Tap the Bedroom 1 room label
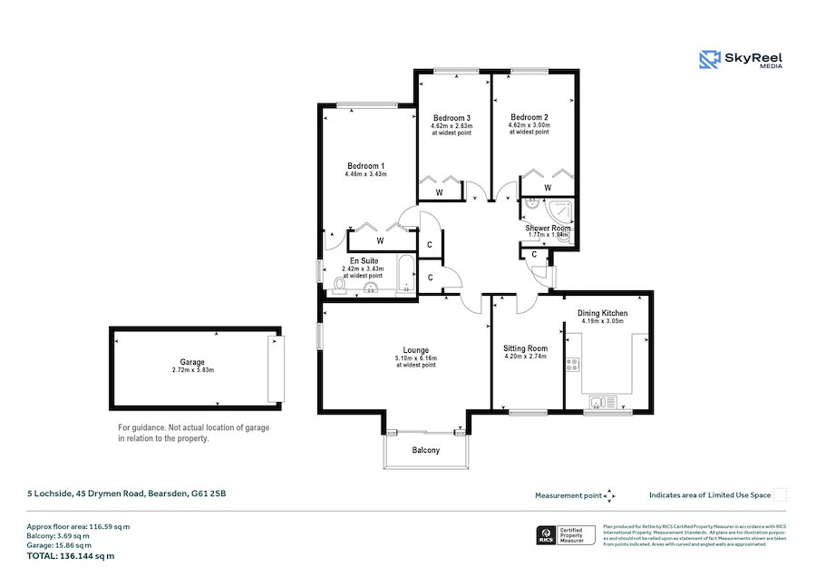pyautogui.click(x=366, y=165)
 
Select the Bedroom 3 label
pyautogui.click(x=452, y=118)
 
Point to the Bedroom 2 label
pyautogui.click(x=529, y=118)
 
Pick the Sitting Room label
pyautogui.click(x=526, y=347)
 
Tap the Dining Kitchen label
pyautogui.click(x=603, y=314)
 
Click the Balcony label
pyautogui.click(x=426, y=451)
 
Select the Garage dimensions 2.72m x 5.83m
pyautogui.click(x=192, y=370)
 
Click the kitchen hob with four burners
pyautogui.click(x=573, y=366)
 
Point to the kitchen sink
pyautogui.click(x=599, y=401)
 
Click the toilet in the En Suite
pyautogui.click(x=339, y=287)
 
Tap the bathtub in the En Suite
pyautogui.click(x=406, y=276)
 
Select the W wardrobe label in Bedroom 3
pyautogui.click(x=439, y=192)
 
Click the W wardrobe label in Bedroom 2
pyautogui.click(x=548, y=188)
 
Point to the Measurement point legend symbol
pyautogui.click(x=610, y=495)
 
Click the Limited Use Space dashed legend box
pyautogui.click(x=779, y=495)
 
